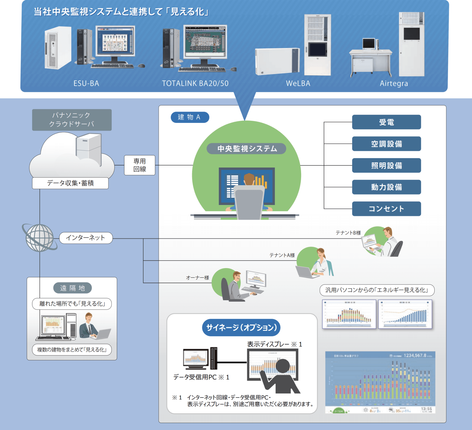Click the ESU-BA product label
coord(86,83)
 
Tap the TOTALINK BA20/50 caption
coord(195,83)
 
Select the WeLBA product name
coord(298,83)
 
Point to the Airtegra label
coord(394,83)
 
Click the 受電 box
coord(386,122)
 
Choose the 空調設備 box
coord(386,144)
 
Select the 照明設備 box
coord(386,165)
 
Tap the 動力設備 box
coord(386,187)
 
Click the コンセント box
coord(386,209)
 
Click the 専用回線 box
coord(140,165)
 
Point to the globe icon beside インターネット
coord(40,238)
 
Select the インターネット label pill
coord(86,238)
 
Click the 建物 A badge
coord(190,117)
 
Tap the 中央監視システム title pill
coord(247,149)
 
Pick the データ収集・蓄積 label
coord(70,183)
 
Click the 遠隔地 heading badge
coord(72,288)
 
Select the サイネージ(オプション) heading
coord(241,327)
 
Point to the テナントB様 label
coord(348,233)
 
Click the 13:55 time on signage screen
coord(426,409)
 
